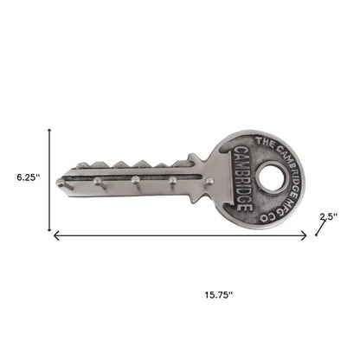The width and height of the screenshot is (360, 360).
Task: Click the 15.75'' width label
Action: coord(205,293)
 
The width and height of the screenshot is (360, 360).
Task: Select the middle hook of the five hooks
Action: coord(135,181)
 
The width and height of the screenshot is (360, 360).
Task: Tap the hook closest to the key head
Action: coord(209,179)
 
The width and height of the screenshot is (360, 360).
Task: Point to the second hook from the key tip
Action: coord(98,182)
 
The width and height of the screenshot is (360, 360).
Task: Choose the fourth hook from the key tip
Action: coord(172,180)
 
